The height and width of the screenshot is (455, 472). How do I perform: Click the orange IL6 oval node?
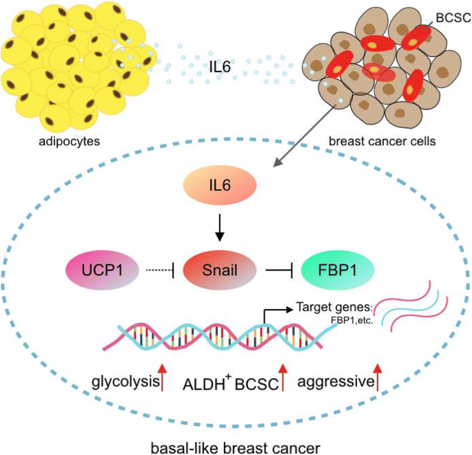220,188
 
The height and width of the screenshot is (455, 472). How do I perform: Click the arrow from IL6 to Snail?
220,226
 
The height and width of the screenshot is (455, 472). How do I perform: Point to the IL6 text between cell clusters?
221,68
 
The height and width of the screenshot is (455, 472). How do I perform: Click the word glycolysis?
124,381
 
